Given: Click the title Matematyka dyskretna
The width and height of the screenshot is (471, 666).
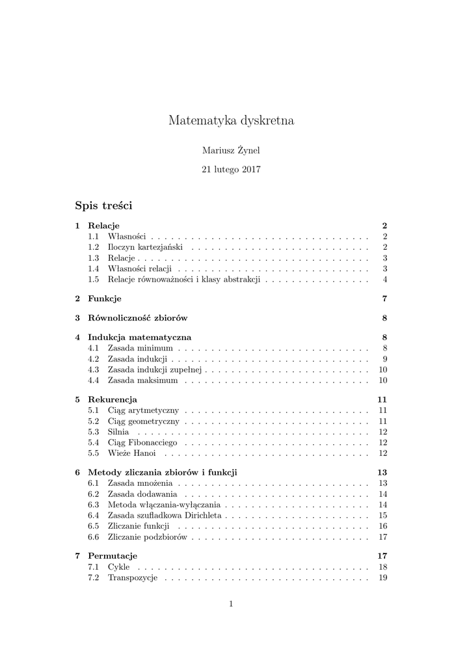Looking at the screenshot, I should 231,120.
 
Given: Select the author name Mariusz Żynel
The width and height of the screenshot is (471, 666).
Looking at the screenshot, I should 231,150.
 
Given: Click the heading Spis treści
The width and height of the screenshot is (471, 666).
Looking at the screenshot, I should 103,206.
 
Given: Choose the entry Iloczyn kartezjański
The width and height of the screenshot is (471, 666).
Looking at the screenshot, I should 146,248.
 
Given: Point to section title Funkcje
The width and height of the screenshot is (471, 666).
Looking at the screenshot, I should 105,299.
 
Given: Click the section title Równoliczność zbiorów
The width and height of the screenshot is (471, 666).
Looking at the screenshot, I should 138,318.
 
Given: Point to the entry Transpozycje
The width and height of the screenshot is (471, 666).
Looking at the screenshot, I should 133,578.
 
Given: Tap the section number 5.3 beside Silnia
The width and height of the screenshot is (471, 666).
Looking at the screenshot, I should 93,432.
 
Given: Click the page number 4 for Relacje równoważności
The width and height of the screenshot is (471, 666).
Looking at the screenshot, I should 385,280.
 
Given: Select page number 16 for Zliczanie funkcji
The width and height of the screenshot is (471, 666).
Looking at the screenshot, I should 383,526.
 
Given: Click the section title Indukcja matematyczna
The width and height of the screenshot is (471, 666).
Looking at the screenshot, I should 139,338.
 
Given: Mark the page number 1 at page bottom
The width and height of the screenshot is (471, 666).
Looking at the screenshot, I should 231,604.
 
